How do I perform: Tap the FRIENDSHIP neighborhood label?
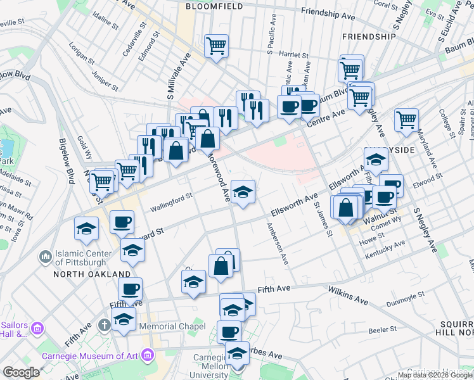click(368, 37)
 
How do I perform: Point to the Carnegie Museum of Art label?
click(89, 355)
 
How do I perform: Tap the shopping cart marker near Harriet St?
click(216, 46)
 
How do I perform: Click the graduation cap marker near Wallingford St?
click(243, 193)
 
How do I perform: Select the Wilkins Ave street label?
click(349, 293)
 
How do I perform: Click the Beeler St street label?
click(383, 329)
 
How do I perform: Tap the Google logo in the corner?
click(21, 372)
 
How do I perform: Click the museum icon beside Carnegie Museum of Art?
click(149, 355)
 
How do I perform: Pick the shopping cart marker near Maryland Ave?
click(406, 120)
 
